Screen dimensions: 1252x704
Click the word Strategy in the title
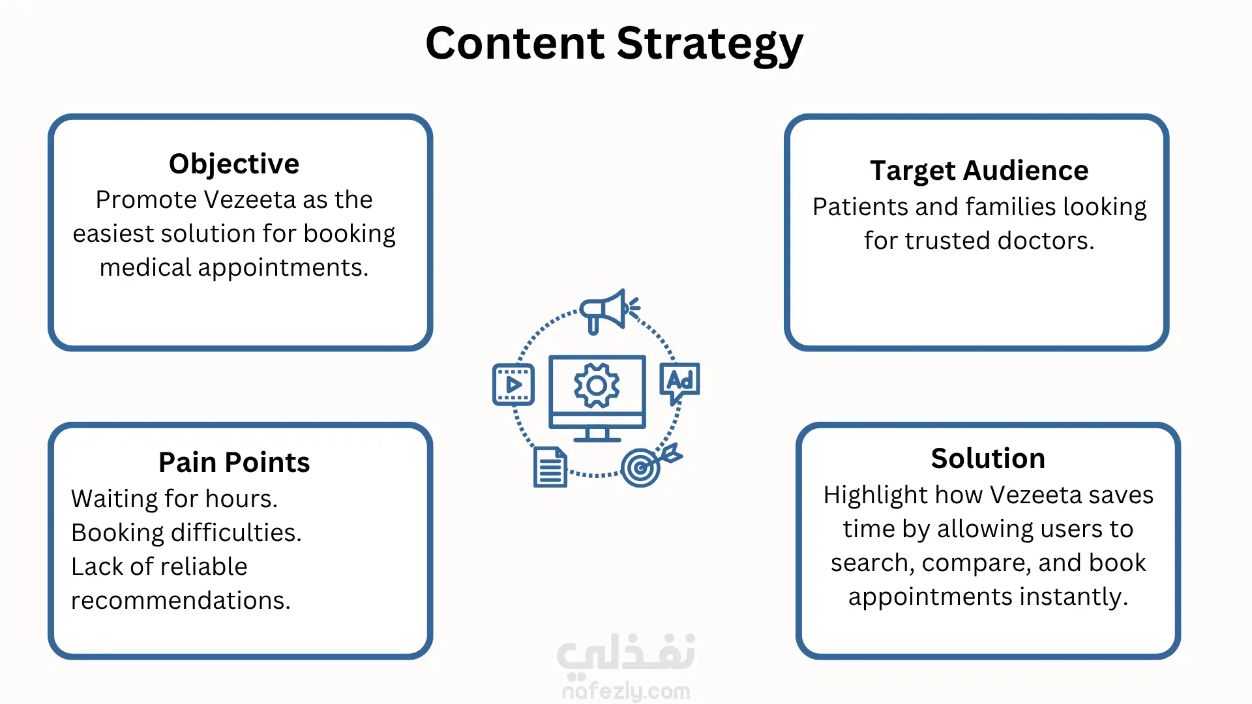pos(709,44)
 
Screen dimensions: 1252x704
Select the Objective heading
pos(234,164)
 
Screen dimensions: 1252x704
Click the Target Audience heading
pos(979,171)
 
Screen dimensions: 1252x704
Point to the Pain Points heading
pos(234,462)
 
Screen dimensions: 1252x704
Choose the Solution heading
pos(988,458)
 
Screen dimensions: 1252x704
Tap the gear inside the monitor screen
pos(597,386)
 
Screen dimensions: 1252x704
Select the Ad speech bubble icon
pos(679,383)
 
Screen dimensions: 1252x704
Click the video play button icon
pos(513,385)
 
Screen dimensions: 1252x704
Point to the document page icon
pos(550,467)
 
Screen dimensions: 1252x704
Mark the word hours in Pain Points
pos(241,499)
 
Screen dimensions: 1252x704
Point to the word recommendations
pos(181,600)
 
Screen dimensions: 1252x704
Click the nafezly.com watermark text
pos(626,690)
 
